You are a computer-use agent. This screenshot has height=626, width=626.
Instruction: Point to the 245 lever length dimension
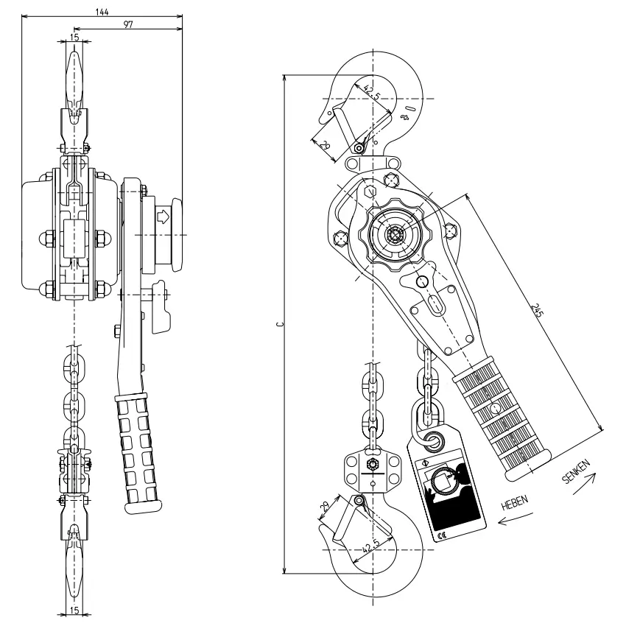click(x=538, y=313)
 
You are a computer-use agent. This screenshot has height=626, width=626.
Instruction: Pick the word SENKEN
click(x=576, y=472)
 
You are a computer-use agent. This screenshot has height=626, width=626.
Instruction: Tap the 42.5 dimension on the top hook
click(x=372, y=94)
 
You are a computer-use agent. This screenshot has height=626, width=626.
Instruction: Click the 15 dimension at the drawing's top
click(x=74, y=37)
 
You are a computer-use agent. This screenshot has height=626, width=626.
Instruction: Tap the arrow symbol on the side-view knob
click(x=161, y=217)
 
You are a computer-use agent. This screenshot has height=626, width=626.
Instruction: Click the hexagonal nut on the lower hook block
click(x=372, y=465)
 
